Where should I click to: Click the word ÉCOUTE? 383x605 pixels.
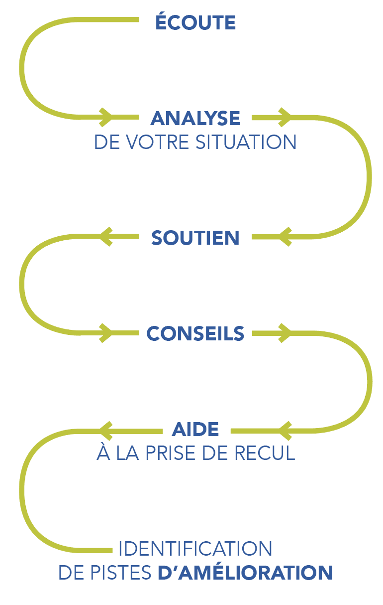pyautogui.click(x=195, y=22)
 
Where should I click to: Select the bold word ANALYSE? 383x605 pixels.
pyautogui.click(x=195, y=119)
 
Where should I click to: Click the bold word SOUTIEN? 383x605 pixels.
pyautogui.click(x=195, y=238)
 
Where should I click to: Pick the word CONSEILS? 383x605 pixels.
pyautogui.click(x=195, y=333)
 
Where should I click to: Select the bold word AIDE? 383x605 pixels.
pyautogui.click(x=195, y=429)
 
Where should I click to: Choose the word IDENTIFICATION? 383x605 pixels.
pyautogui.click(x=195, y=549)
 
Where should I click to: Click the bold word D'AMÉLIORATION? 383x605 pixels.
pyautogui.click(x=245, y=573)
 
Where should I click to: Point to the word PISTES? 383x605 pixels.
pyautogui.click(x=127, y=573)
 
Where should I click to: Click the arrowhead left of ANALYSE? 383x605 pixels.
pyautogui.click(x=106, y=117)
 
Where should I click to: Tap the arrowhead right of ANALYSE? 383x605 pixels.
pyautogui.click(x=285, y=117)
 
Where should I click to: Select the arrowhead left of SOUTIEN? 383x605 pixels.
pyautogui.click(x=106, y=236)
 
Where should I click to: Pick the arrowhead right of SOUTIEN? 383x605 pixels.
pyautogui.click(x=285, y=236)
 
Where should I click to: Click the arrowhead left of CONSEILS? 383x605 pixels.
pyautogui.click(x=106, y=332)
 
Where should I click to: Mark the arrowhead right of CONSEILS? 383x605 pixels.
pyautogui.click(x=285, y=332)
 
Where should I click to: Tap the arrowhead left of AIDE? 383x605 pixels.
pyautogui.click(x=106, y=429)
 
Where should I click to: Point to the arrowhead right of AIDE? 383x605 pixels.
pyautogui.click(x=285, y=429)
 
